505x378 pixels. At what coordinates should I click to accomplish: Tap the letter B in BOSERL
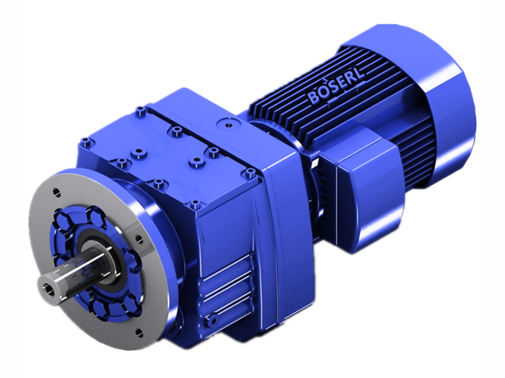[314, 99]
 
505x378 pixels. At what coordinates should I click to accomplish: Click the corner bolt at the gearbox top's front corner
[194, 204]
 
